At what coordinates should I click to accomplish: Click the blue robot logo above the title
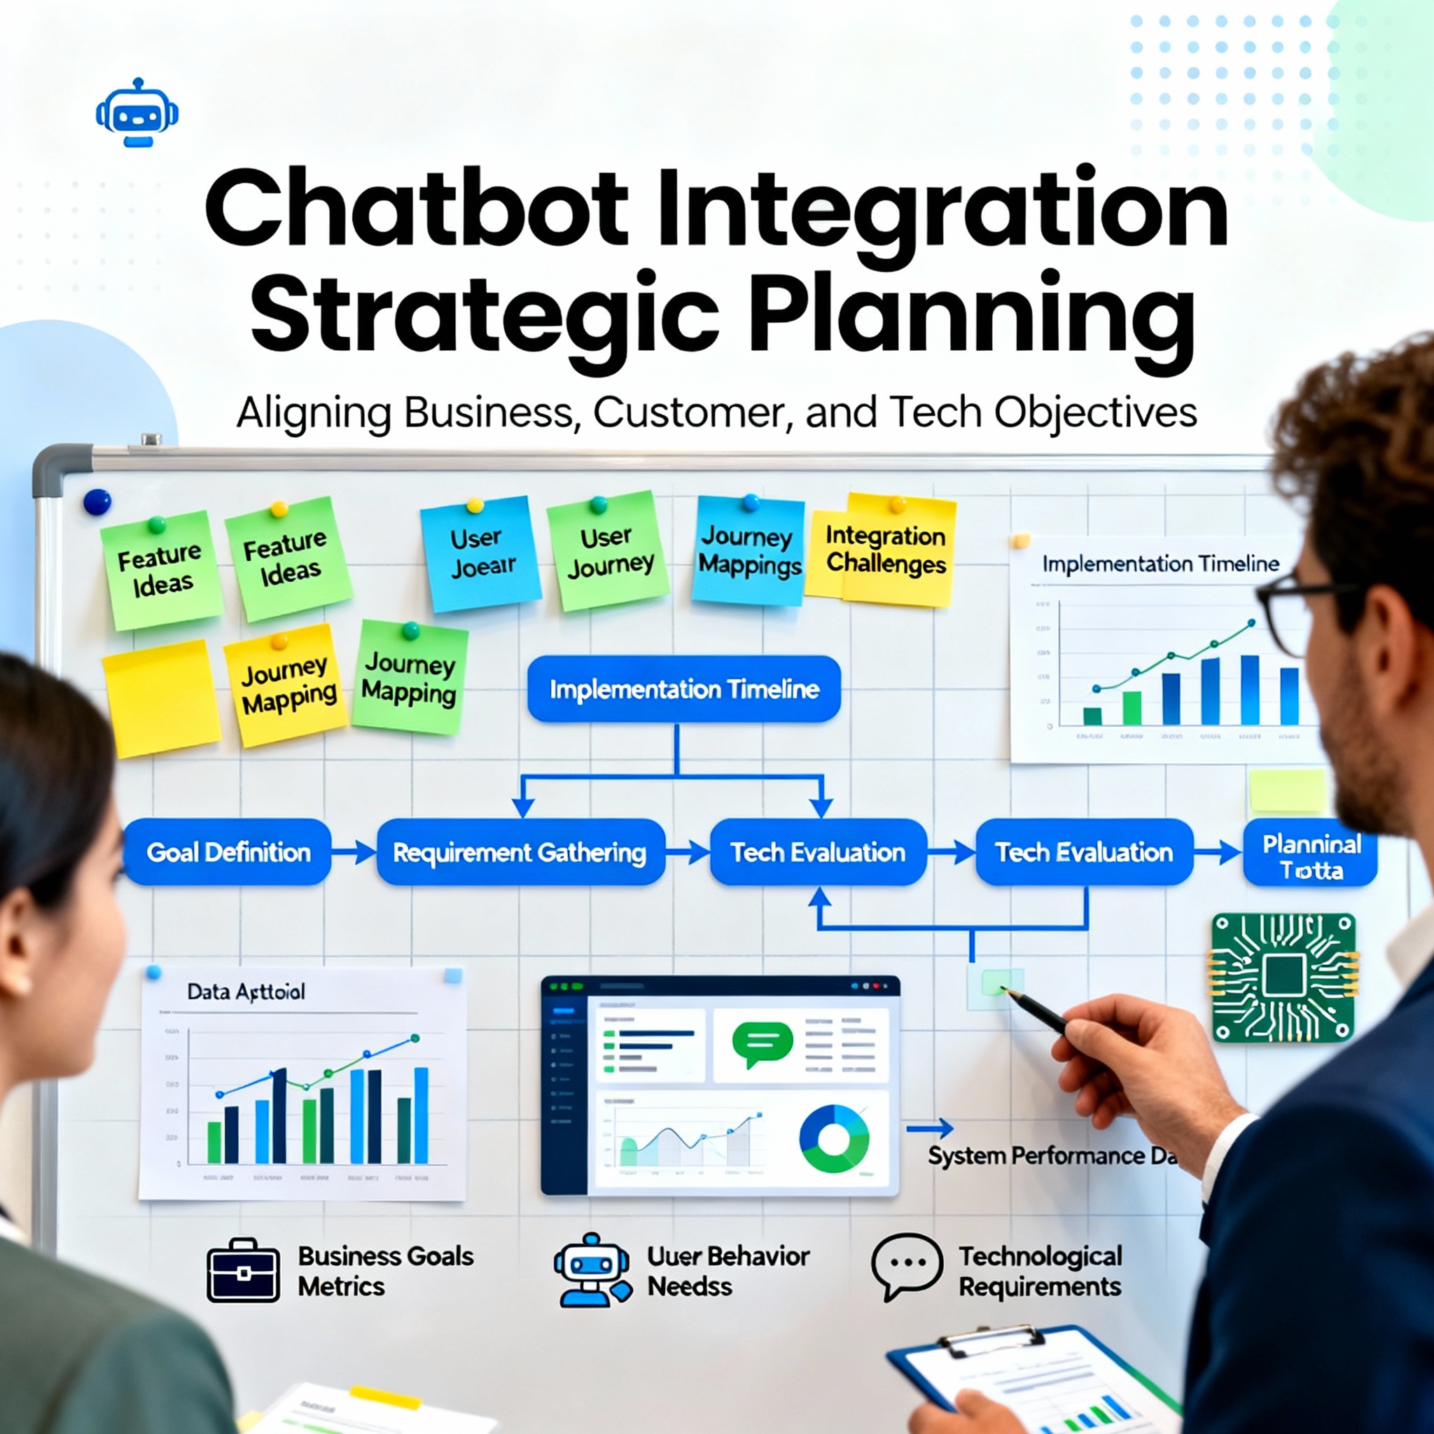[137, 113]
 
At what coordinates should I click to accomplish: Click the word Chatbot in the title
[416, 209]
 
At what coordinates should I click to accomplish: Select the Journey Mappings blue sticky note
[749, 551]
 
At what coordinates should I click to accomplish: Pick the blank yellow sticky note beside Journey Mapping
[161, 697]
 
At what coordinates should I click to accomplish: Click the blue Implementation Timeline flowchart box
[683, 689]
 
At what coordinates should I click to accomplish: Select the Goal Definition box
[228, 851]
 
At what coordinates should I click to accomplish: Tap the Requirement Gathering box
[520, 851]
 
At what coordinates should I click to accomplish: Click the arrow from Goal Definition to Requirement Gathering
[354, 852]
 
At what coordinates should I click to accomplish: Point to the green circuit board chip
[1283, 976]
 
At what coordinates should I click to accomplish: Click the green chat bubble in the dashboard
[762, 1043]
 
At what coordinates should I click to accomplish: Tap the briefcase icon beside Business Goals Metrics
[243, 1271]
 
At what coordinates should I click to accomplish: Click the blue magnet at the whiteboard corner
[97, 502]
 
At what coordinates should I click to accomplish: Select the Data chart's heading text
[246, 991]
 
